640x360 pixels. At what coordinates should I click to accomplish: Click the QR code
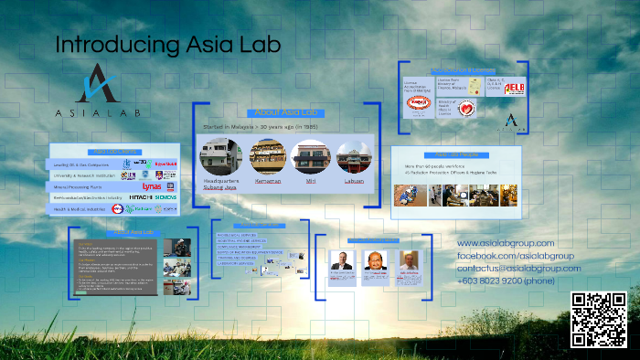click(599, 319)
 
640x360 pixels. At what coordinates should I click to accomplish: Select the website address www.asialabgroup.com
click(506, 243)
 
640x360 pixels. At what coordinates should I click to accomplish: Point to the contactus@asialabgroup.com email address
click(518, 269)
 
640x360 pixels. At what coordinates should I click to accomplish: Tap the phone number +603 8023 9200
click(506, 281)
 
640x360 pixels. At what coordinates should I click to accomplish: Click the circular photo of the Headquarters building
click(219, 156)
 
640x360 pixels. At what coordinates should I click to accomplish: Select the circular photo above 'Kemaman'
click(267, 156)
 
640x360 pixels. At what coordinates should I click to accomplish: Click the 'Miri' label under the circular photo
click(309, 181)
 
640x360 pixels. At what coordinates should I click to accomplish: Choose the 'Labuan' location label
click(354, 181)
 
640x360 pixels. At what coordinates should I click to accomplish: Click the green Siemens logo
click(165, 197)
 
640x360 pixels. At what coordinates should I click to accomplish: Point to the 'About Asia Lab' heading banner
click(286, 112)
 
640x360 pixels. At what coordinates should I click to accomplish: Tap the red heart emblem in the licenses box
click(466, 108)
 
